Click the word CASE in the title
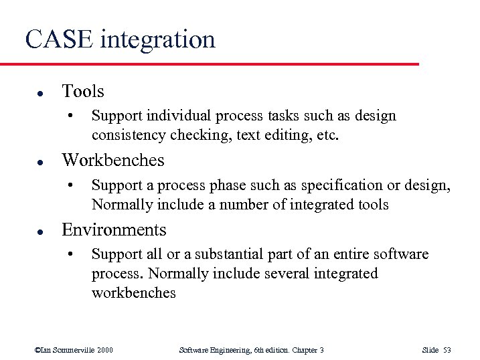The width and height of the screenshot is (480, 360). coord(59,39)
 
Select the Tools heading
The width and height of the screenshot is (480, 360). coord(82,90)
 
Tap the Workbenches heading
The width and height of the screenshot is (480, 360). coord(112,160)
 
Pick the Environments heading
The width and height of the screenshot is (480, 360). coord(114,230)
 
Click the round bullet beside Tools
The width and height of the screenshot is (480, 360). coord(41,92)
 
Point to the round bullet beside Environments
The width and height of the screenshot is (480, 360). coord(41,231)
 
